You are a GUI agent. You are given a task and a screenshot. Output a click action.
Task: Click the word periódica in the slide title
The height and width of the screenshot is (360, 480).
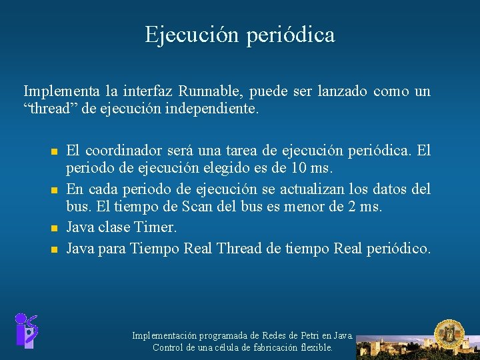[x=291, y=35]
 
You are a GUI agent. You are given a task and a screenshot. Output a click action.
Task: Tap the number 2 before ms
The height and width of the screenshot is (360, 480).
[x=351, y=207]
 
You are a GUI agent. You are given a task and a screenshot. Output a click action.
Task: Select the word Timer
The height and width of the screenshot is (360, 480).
[x=155, y=227]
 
